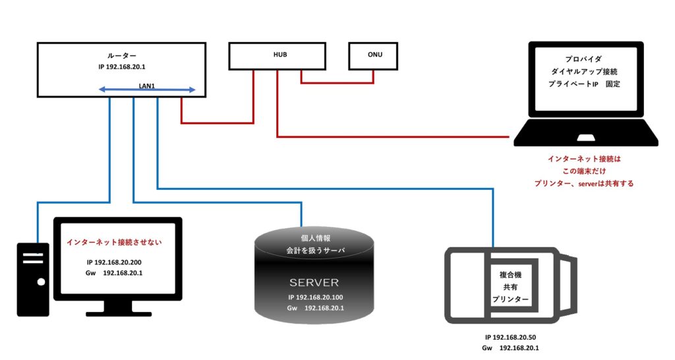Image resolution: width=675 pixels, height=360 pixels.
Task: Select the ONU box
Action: (374, 55)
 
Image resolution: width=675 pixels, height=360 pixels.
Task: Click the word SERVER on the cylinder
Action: (314, 282)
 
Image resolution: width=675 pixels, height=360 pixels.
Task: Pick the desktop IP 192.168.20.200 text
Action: (114, 262)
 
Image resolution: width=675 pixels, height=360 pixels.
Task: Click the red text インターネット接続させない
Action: (114, 242)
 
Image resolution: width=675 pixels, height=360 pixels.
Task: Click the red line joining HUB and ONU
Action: (337, 82)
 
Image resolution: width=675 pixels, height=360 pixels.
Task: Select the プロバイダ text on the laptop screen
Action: (586, 59)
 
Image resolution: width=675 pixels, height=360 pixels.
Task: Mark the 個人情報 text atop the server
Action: (314, 238)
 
